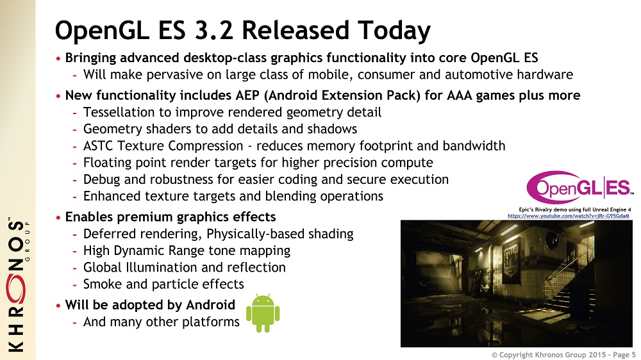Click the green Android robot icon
click(x=263, y=313)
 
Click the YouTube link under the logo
click(x=568, y=216)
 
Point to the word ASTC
click(x=97, y=146)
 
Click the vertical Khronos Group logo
click(x=17, y=284)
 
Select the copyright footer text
click(x=563, y=355)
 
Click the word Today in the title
click(x=394, y=31)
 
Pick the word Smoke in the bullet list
click(x=103, y=284)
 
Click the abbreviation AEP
click(x=247, y=95)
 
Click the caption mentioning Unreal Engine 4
click(x=575, y=209)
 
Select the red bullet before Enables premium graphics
click(x=58, y=217)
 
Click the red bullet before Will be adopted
click(x=58, y=306)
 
